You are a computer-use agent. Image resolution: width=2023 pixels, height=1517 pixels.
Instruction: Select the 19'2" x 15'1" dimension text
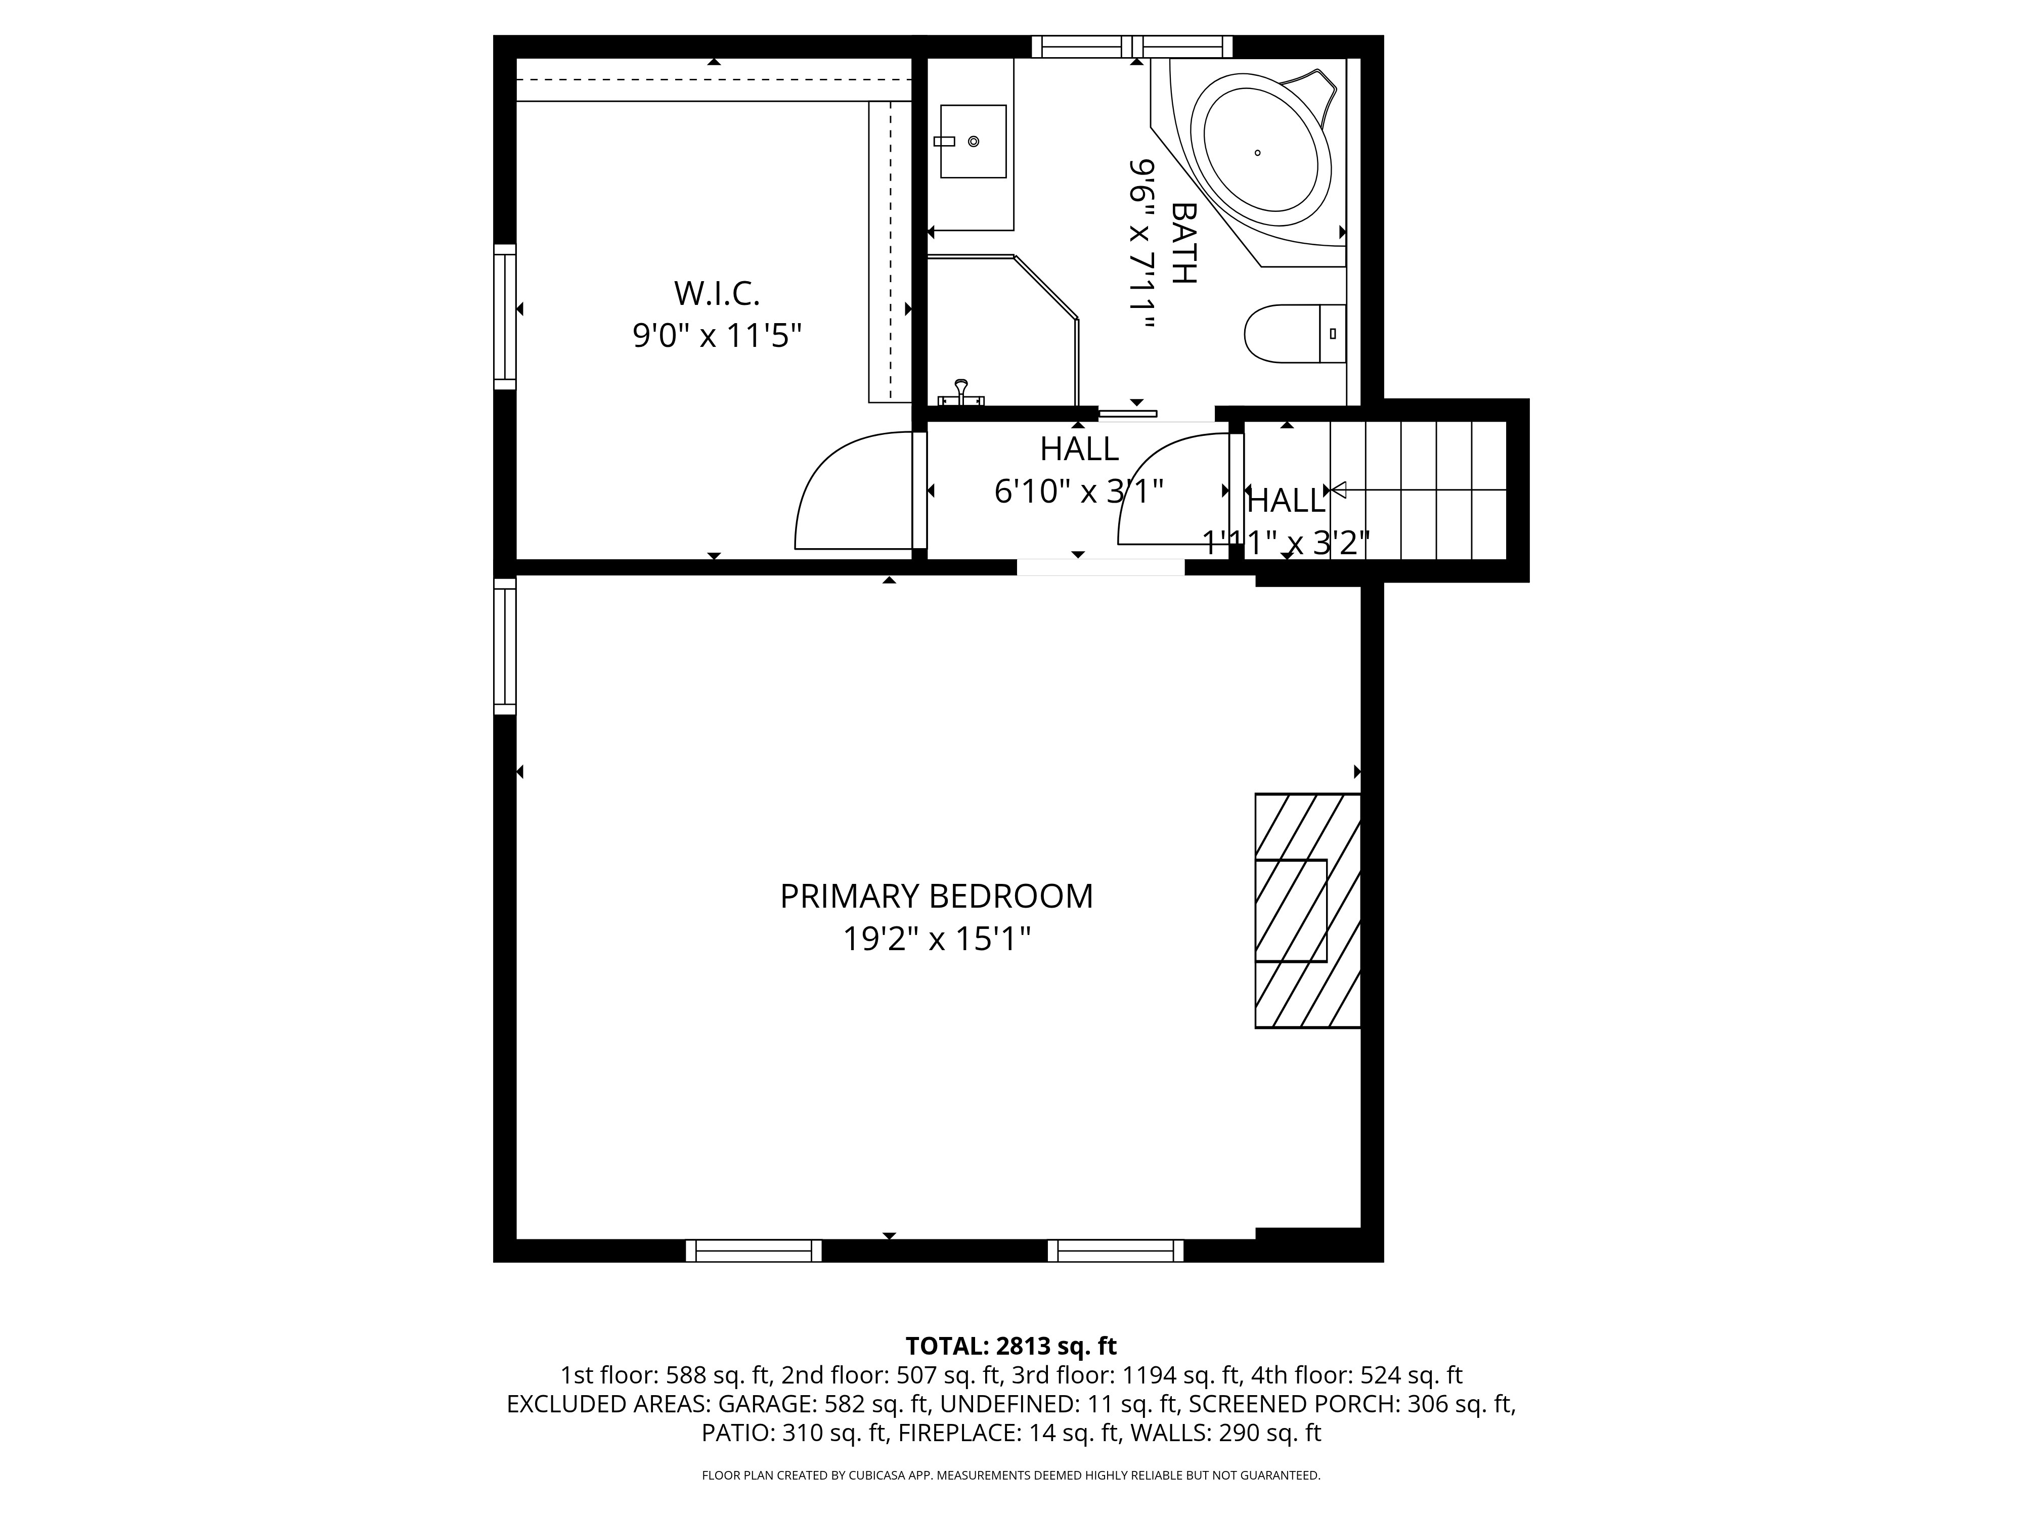click(937, 939)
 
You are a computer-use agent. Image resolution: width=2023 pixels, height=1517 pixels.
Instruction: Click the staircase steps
click(1418, 490)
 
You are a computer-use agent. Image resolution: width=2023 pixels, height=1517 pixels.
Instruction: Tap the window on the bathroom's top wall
click(1132, 47)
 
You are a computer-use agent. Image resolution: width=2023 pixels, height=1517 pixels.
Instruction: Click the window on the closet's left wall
click(505, 317)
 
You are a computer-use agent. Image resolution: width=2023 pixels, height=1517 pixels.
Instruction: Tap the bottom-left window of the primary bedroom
click(754, 1251)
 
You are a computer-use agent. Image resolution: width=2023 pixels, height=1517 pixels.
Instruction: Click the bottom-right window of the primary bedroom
click(1116, 1251)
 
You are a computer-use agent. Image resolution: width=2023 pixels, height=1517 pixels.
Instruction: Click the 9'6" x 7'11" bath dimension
click(1142, 245)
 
